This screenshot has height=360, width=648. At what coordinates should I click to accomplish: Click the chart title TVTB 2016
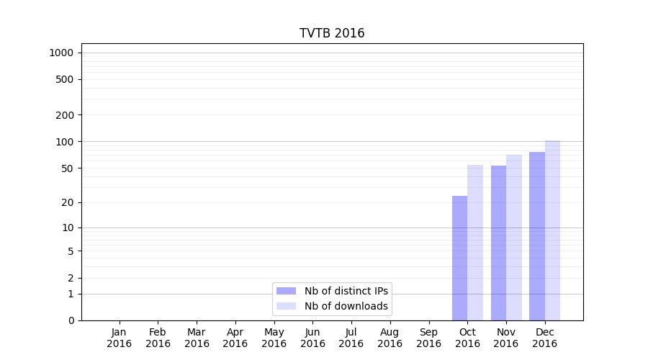click(x=332, y=34)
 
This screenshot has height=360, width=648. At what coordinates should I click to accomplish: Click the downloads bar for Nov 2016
click(x=514, y=238)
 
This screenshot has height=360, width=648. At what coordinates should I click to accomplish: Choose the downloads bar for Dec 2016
click(x=552, y=230)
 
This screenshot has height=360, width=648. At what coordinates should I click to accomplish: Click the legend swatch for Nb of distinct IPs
click(x=286, y=291)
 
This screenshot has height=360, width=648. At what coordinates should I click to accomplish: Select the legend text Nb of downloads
click(x=346, y=306)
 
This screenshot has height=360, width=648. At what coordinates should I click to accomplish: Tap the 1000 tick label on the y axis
click(x=61, y=53)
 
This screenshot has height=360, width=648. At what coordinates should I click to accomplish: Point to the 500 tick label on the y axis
click(x=64, y=79)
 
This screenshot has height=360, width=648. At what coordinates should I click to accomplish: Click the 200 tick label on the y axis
click(x=64, y=115)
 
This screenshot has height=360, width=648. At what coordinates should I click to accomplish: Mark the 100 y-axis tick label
click(x=64, y=142)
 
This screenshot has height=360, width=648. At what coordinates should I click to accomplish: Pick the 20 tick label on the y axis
click(x=67, y=202)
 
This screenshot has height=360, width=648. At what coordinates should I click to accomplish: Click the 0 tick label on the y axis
click(x=71, y=320)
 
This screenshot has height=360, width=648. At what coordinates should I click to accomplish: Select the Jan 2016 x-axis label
click(x=120, y=338)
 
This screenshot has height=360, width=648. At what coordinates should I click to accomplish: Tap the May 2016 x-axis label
click(x=274, y=338)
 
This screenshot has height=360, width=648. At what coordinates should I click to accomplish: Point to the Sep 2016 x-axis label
click(x=428, y=338)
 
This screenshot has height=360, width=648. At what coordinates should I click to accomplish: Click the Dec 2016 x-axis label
click(x=544, y=338)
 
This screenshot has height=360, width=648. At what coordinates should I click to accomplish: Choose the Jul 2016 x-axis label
click(x=351, y=338)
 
